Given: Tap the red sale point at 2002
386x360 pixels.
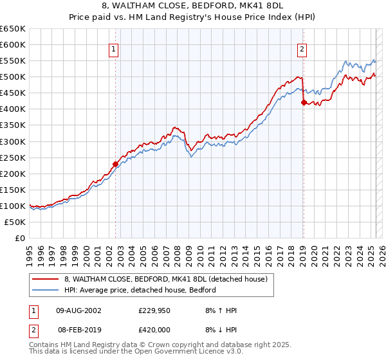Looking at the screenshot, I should pos(116,163).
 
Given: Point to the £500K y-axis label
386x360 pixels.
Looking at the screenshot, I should pos(13,76).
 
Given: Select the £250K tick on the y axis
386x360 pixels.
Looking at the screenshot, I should pos(13,157).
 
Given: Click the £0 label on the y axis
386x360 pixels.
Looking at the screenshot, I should pos(20,238).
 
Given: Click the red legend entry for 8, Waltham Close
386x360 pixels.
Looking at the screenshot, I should pos(161,278).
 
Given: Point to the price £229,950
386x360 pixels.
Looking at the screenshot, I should pos(155,310).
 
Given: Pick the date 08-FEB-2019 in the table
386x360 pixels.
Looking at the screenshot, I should pos(78,328).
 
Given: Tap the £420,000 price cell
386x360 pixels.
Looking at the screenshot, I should pos(155,328).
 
